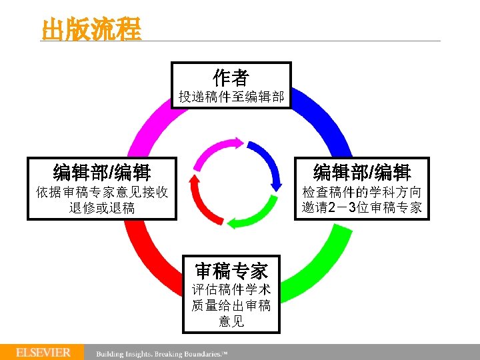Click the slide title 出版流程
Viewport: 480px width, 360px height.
[x=91, y=29]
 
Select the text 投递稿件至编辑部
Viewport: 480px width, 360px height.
[x=231, y=98]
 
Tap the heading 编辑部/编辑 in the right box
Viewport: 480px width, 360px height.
[x=362, y=172]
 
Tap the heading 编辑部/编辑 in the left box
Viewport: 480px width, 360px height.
[x=102, y=172]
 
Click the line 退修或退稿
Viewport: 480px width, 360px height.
[x=102, y=208]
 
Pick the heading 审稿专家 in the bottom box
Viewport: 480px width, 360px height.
[x=231, y=271]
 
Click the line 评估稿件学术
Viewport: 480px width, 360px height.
[x=231, y=291]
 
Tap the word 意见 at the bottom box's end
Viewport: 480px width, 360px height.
[x=231, y=321]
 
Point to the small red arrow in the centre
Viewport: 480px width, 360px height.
[x=201, y=199]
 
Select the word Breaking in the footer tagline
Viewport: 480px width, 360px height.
[x=175, y=353]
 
